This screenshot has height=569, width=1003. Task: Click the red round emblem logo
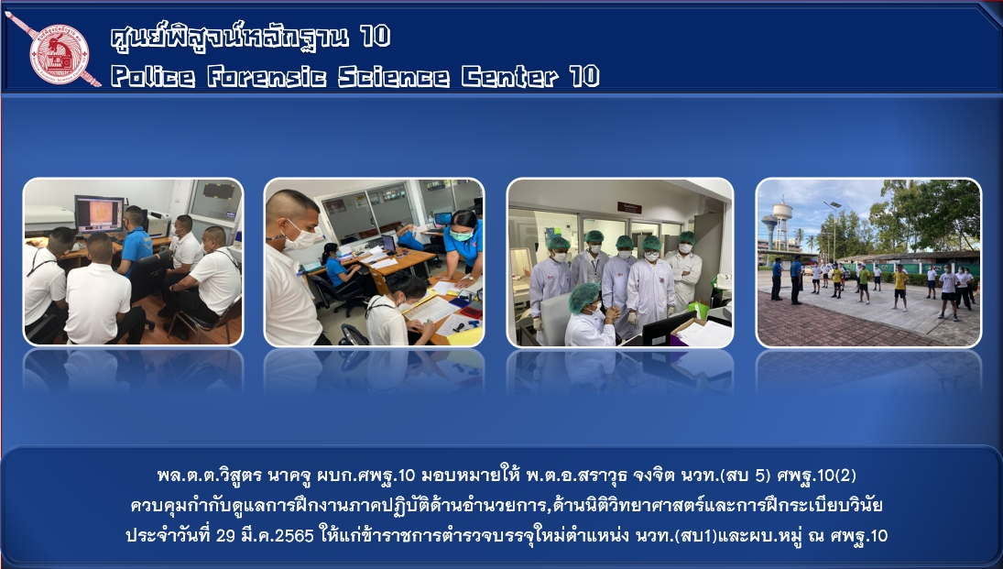coord(60,54)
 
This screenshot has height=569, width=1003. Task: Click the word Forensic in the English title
coord(267,77)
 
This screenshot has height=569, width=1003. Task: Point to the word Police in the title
coord(153,77)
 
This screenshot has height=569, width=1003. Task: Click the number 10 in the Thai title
coord(375,36)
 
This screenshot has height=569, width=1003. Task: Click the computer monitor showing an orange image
coord(99,214)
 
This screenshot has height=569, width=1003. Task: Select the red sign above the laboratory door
coord(629,207)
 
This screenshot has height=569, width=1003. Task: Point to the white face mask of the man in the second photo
coord(301,236)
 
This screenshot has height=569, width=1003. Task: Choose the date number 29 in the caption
coord(226,535)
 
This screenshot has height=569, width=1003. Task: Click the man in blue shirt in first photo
coord(136,242)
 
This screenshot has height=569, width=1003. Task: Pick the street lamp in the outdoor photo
coord(833,230)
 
